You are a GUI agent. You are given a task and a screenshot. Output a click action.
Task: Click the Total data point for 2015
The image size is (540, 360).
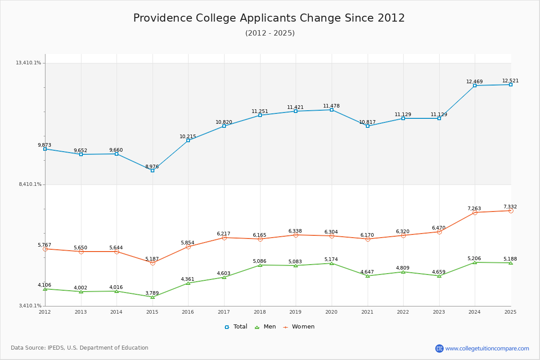153,171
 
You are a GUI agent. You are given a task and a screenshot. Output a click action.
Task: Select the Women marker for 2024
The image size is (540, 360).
475,213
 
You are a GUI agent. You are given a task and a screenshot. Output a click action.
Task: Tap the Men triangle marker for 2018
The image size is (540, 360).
260,265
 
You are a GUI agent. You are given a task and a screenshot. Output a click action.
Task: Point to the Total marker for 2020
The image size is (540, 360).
332,110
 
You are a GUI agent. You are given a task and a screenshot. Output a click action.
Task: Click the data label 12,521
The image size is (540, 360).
510,81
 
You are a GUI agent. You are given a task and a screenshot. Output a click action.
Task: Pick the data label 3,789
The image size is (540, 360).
152,293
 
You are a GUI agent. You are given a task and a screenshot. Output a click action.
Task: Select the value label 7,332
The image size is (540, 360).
510,207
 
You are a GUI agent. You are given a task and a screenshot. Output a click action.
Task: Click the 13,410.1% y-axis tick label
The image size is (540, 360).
28,63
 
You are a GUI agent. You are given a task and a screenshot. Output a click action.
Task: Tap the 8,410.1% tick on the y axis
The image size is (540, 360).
30,184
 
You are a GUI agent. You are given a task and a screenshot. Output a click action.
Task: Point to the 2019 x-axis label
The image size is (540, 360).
296,312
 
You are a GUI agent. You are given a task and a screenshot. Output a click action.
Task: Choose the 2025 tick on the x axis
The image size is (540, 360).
510,312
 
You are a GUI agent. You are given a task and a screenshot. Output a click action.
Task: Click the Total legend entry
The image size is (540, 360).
236,327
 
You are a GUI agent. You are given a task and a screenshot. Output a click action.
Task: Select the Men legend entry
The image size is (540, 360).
265,327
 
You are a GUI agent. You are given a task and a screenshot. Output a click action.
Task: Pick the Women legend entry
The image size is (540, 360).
299,327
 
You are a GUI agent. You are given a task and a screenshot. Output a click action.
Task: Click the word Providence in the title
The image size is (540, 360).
163,18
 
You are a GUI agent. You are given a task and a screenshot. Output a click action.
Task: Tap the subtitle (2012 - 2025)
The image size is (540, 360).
270,33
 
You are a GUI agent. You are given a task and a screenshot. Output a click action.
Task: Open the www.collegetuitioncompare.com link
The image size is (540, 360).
487,348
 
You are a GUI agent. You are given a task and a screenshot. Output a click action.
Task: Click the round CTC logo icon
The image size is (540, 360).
439,348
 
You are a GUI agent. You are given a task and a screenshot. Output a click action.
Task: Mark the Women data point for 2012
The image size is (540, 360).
45,249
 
